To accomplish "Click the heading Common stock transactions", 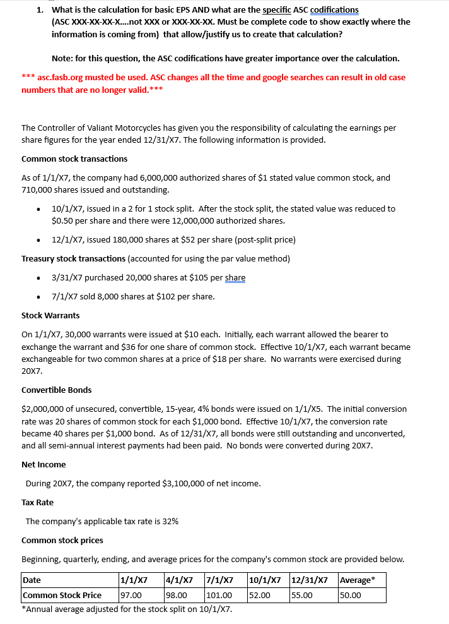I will coord(74,159).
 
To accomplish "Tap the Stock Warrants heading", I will coord(50,315).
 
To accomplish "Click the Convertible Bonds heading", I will coord(56,390).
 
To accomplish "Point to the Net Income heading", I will coord(44,464).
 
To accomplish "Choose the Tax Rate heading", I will coord(37,502).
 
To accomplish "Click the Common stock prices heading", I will coord(62,540).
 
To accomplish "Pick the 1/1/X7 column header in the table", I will coord(134,580).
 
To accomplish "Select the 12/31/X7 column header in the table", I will coord(309,580).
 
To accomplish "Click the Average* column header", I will coord(356,580).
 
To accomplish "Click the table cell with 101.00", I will coord(219,595).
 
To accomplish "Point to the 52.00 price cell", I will coord(260,595).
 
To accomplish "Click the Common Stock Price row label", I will coord(62,595).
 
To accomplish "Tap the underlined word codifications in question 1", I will coord(334,9).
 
